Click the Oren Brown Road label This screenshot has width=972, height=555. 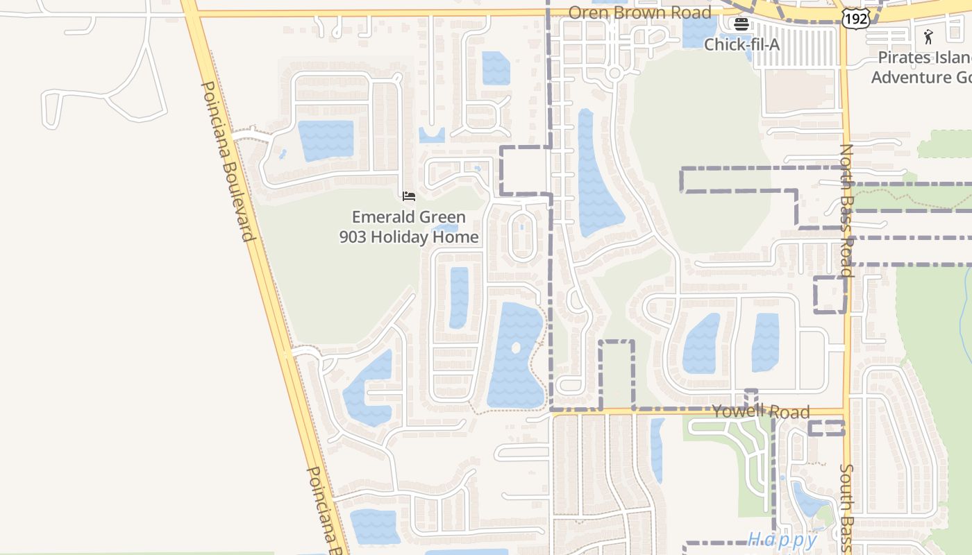(x=639, y=12)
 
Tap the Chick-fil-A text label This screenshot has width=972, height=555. (x=741, y=44)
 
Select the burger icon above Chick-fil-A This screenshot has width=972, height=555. (x=741, y=24)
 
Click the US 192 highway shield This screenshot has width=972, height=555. (x=855, y=19)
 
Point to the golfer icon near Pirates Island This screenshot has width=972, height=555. (x=929, y=36)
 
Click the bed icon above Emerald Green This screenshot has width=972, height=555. (x=409, y=196)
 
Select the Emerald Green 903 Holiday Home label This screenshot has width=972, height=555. (x=409, y=227)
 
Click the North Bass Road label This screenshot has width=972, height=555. (x=847, y=210)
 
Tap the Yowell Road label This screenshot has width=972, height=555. (x=761, y=412)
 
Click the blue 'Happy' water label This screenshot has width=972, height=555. (x=782, y=539)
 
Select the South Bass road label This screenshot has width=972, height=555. (x=846, y=508)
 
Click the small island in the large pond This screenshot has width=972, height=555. (x=516, y=347)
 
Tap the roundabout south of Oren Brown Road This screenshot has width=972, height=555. (x=614, y=73)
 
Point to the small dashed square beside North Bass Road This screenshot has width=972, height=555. (x=829, y=294)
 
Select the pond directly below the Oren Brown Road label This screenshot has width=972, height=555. (x=699, y=32)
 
